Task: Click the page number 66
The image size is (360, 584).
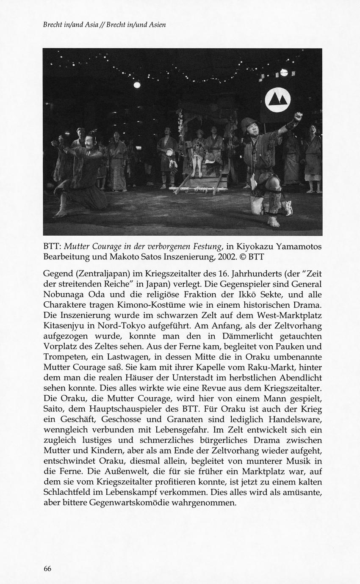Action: [47, 569]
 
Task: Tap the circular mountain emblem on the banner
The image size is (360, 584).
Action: [277, 100]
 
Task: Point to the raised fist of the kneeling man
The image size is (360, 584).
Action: [298, 116]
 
